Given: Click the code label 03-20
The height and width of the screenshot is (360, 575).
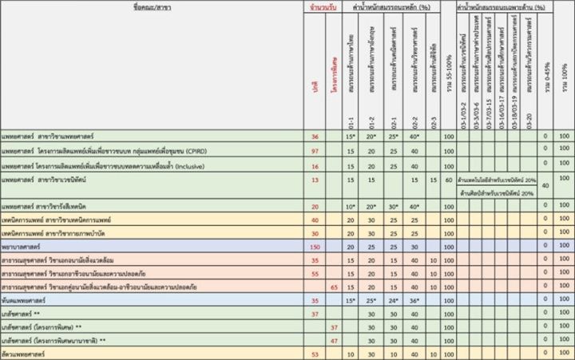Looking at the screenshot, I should coord(527,125).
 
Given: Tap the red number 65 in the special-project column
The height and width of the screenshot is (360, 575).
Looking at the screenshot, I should coord(335,287).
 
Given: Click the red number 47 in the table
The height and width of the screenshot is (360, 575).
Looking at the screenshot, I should coord(335,341).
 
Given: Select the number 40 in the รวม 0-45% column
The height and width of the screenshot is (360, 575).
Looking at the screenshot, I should coord(545,186).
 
